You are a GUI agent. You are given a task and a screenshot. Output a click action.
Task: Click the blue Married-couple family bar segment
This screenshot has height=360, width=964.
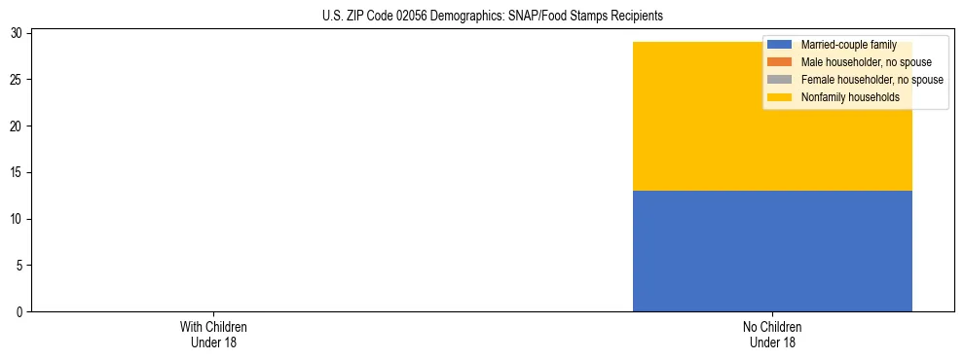point(772,251)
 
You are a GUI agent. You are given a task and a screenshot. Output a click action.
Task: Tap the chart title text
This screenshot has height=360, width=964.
point(492,16)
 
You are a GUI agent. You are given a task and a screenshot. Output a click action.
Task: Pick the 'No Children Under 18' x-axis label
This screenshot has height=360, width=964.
point(772,334)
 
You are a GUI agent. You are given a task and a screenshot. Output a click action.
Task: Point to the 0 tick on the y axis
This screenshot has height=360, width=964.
point(20,311)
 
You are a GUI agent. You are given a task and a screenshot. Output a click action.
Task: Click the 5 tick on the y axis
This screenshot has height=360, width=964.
point(20,266)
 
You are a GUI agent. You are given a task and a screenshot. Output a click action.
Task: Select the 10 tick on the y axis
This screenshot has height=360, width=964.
point(18,219)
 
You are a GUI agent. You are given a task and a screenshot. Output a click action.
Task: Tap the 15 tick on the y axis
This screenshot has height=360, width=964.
point(18,172)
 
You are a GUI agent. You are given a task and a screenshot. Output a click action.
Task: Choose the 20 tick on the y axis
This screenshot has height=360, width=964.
point(18,126)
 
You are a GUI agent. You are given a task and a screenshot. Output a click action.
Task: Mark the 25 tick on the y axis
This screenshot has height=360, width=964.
point(18,80)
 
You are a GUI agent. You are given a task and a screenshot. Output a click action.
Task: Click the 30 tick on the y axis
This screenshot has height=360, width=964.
point(18,33)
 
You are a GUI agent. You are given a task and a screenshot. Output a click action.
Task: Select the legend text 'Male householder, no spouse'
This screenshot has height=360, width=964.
point(859,62)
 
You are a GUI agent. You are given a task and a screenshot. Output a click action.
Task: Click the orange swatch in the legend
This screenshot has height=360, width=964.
point(780,62)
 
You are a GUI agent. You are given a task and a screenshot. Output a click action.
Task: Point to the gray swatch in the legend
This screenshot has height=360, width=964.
point(780,80)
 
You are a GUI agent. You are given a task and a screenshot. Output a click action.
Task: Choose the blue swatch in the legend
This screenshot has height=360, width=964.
point(780,45)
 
